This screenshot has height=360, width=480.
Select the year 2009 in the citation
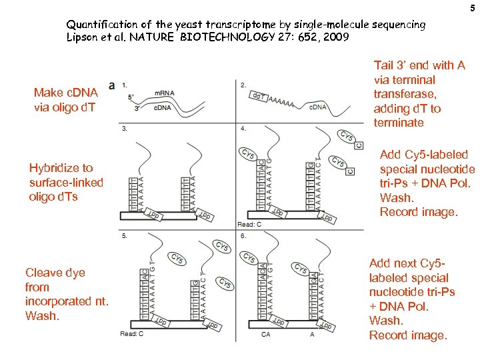[x=335, y=37]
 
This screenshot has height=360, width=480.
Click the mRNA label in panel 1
[x=165, y=93]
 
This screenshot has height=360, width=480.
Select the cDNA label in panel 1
[x=165, y=108]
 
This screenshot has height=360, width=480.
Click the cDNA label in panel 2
[x=318, y=107]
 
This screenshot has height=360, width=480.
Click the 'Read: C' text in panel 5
[x=132, y=333]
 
